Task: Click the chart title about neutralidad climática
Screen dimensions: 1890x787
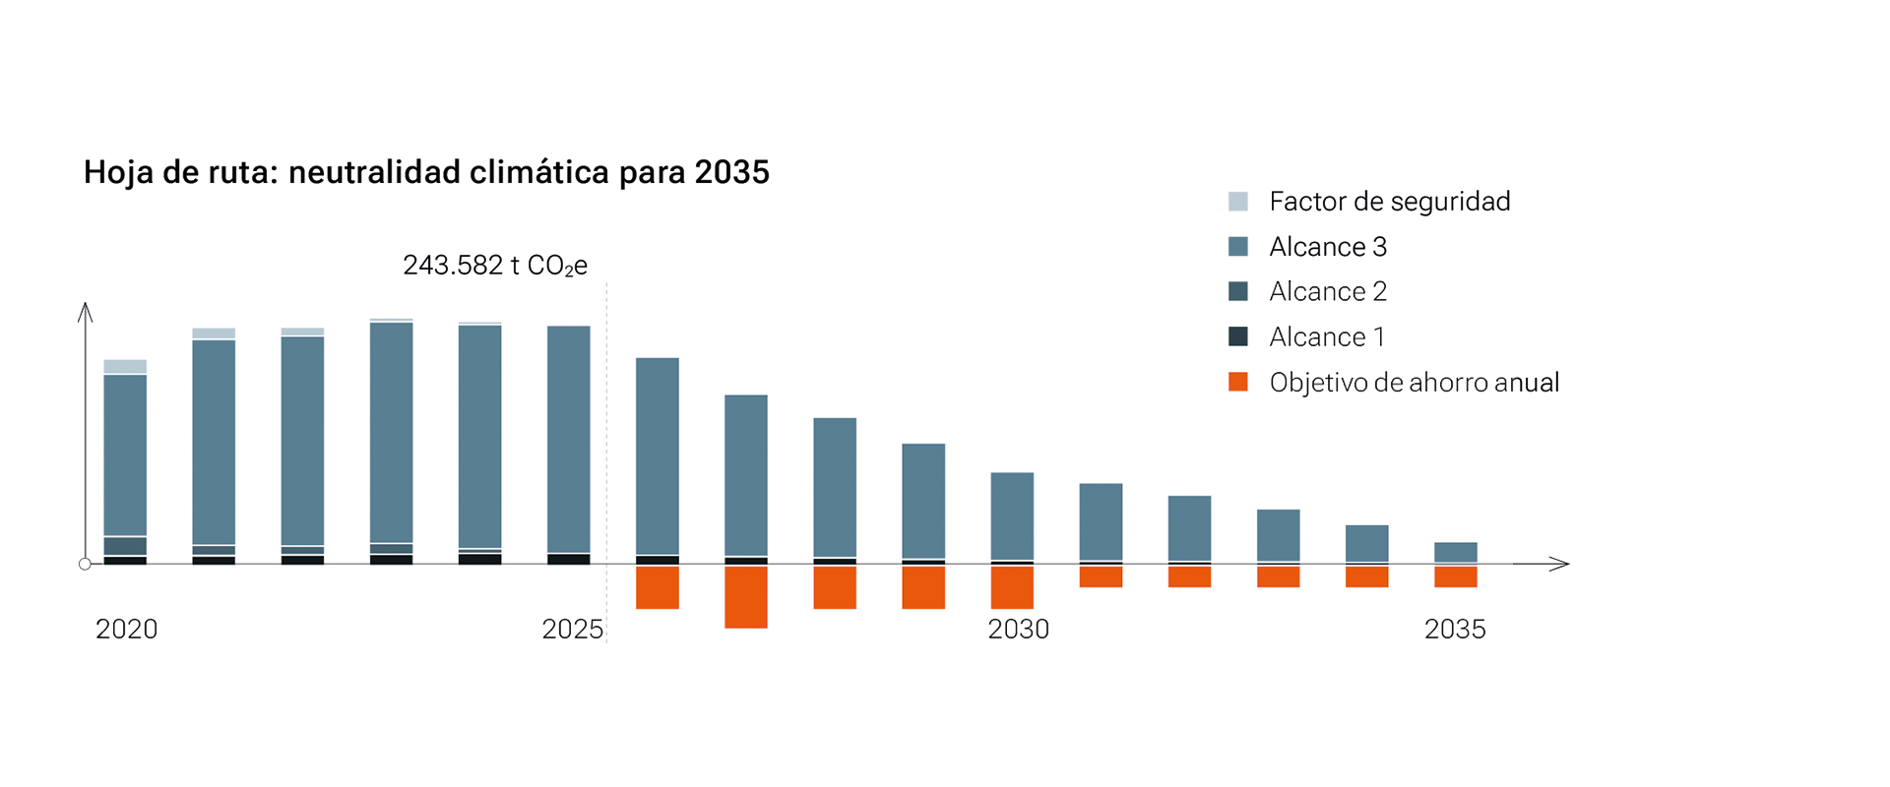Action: tap(426, 172)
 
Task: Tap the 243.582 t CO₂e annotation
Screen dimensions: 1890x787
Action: tap(495, 266)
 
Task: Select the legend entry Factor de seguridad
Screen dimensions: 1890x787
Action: tap(1369, 202)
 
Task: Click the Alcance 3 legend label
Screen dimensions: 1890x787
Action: tap(1328, 247)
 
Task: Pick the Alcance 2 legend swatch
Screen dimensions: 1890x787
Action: tap(1238, 291)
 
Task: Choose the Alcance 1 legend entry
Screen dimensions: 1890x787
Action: tap(1307, 336)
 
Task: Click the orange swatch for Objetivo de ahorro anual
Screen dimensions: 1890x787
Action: tap(1238, 382)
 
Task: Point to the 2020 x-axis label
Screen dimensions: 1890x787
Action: tap(126, 630)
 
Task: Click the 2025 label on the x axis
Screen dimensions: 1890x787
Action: tap(572, 630)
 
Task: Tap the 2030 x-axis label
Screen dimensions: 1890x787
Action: tap(1019, 630)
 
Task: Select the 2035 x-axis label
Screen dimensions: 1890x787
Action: tap(1455, 630)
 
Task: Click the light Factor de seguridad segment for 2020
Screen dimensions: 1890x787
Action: tap(125, 367)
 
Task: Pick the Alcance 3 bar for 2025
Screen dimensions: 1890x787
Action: tap(569, 440)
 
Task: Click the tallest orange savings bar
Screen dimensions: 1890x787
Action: tap(746, 597)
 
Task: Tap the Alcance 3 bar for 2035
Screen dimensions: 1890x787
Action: tap(1456, 553)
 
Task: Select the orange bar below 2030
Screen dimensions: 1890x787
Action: tap(1012, 587)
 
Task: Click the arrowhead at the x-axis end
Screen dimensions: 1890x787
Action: tap(1559, 564)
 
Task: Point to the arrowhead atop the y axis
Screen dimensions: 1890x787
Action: tap(86, 312)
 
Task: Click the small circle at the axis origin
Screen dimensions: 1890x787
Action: tap(85, 564)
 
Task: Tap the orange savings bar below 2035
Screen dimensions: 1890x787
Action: tap(1456, 577)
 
